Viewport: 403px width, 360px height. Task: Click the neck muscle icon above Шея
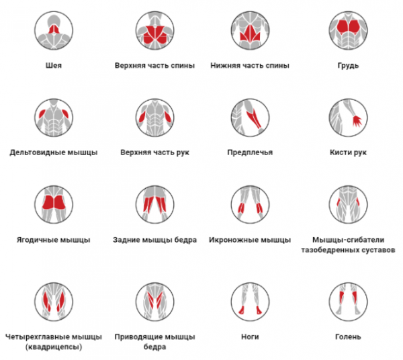pyautogui.click(x=54, y=30)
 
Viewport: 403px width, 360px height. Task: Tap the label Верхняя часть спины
pyautogui.click(x=154, y=66)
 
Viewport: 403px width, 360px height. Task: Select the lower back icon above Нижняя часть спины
pyautogui.click(x=250, y=30)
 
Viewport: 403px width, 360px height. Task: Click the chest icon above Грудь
pyautogui.click(x=348, y=30)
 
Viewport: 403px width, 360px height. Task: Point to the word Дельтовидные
pyautogui.click(x=37, y=152)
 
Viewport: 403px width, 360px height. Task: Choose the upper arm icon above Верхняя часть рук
pyautogui.click(x=154, y=118)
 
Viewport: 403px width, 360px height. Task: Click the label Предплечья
pyautogui.click(x=250, y=152)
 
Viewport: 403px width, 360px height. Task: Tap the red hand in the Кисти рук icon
pyautogui.click(x=357, y=121)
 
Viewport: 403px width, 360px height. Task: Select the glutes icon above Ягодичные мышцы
pyautogui.click(x=54, y=205)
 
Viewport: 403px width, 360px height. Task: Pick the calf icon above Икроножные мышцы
pyautogui.click(x=250, y=205)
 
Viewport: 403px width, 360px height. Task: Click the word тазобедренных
pyautogui.click(x=331, y=250)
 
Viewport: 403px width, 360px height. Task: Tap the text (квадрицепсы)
pyautogui.click(x=54, y=347)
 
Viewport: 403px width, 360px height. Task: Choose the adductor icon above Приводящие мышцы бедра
pyautogui.click(x=154, y=302)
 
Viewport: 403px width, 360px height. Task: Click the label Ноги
pyautogui.click(x=250, y=337)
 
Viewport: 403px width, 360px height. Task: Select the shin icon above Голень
pyautogui.click(x=348, y=302)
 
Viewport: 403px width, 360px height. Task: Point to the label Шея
pyautogui.click(x=54, y=66)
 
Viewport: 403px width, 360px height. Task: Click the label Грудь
pyautogui.click(x=348, y=66)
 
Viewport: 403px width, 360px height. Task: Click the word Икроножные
pyautogui.click(x=233, y=240)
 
